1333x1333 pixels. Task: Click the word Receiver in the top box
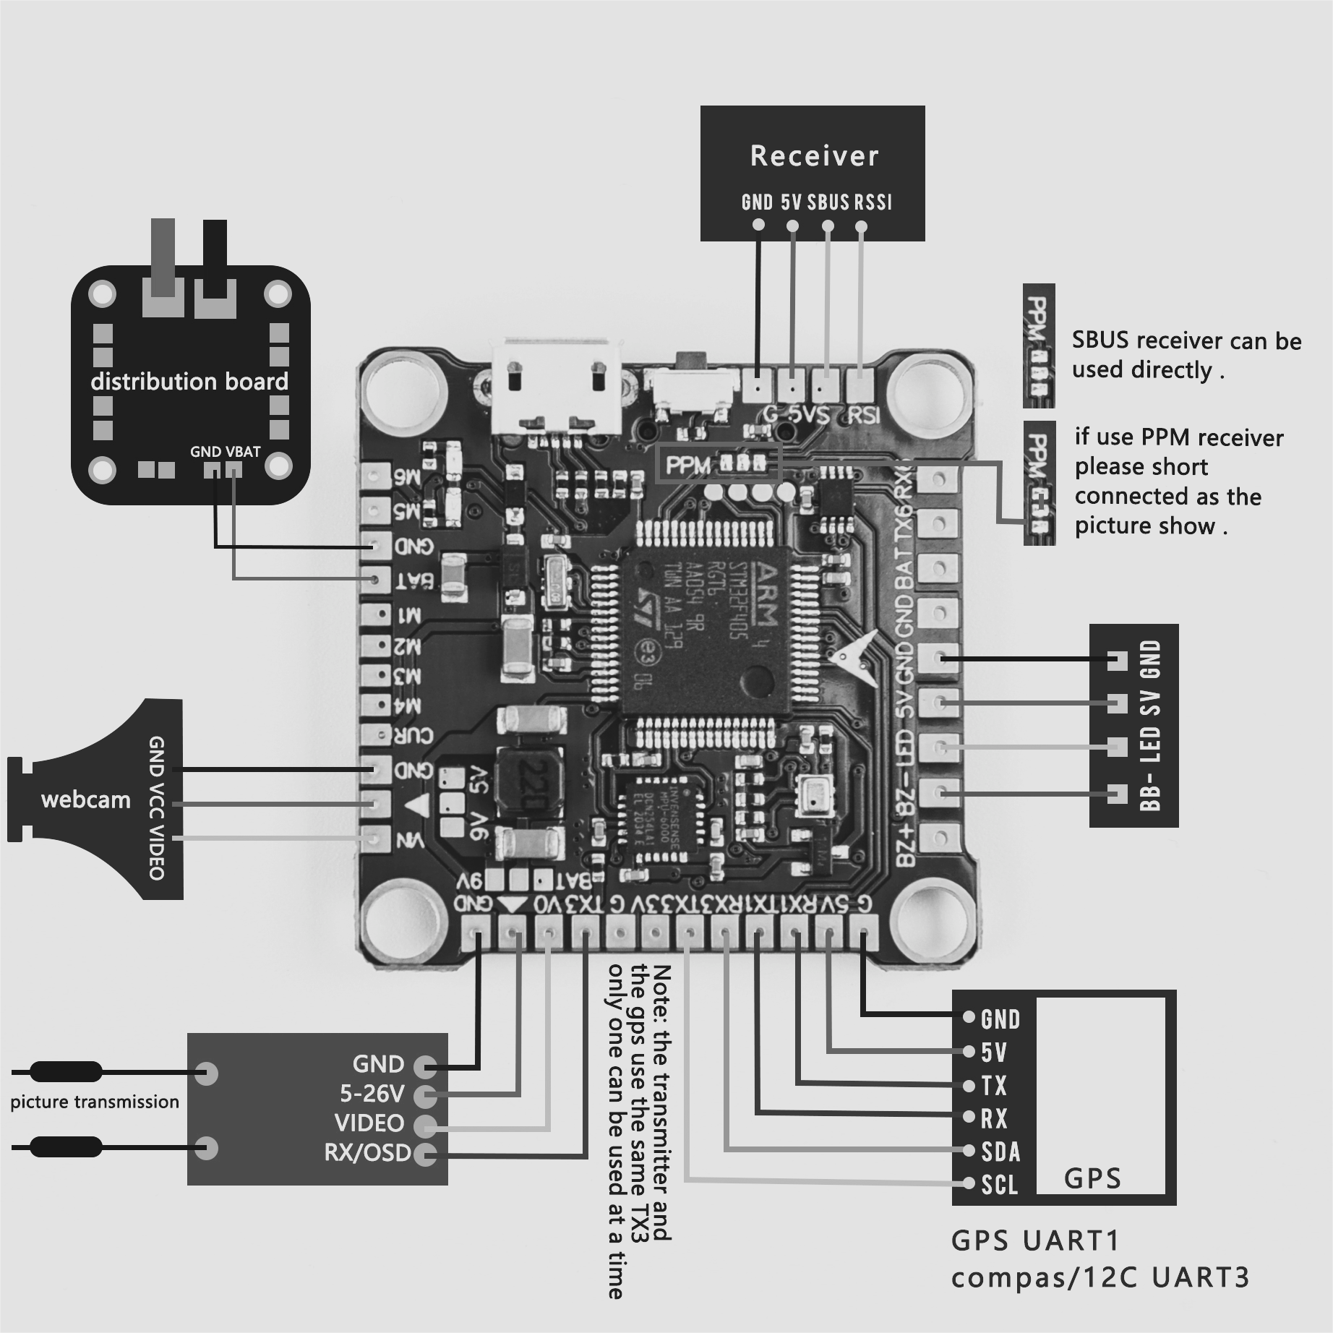coord(814,156)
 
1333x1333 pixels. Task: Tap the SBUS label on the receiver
coord(828,202)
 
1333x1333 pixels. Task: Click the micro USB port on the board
coord(555,387)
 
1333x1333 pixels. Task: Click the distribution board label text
coord(189,382)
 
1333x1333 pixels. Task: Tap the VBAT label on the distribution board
coord(243,452)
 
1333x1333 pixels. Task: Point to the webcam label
coord(85,800)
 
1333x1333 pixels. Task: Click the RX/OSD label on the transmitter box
coord(367,1152)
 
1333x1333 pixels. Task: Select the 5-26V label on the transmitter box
coord(372,1094)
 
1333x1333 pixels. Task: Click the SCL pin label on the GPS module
coord(999,1186)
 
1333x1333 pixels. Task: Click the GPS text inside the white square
coord(1092,1179)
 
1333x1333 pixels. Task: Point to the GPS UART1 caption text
coord(1035,1240)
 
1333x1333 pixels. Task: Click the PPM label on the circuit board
coord(687,466)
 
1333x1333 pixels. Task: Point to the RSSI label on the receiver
coord(873,202)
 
